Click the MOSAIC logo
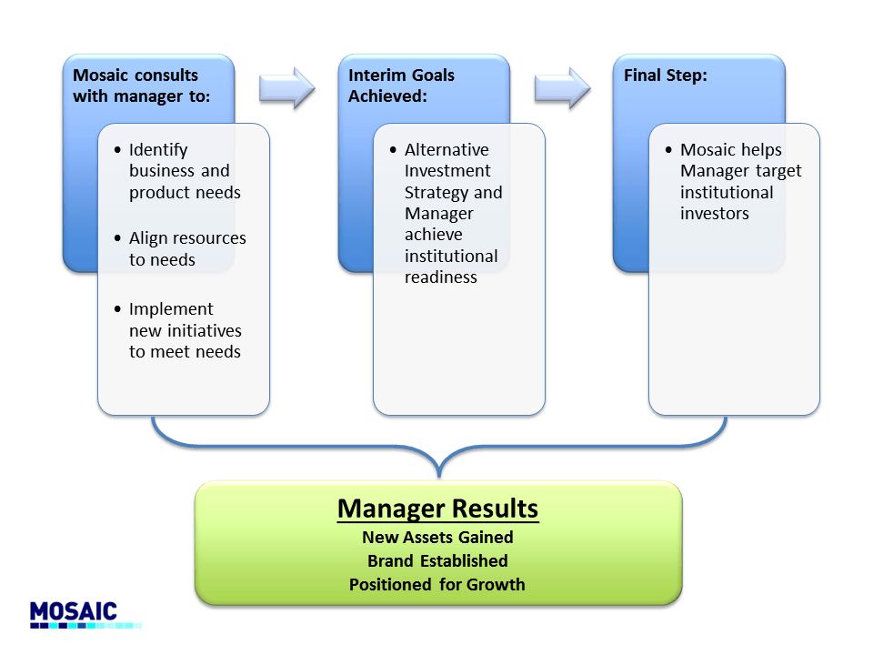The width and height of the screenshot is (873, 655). (75, 612)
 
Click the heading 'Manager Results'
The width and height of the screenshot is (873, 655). (437, 508)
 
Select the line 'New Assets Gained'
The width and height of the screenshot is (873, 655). (437, 537)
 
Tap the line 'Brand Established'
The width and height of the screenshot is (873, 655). (437, 560)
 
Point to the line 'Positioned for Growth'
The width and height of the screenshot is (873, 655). (437, 584)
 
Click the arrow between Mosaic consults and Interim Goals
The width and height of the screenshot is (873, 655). (286, 87)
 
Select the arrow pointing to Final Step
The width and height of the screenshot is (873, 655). (562, 87)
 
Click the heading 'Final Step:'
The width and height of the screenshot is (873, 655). (666, 76)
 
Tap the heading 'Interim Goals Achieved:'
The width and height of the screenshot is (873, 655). (401, 86)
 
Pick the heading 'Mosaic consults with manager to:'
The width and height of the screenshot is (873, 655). (141, 86)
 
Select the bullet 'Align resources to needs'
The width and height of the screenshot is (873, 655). (187, 248)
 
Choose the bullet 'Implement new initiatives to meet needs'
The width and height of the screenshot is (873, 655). (186, 330)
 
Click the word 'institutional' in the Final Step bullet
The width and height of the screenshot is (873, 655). (727, 192)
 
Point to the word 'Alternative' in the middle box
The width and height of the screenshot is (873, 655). (447, 150)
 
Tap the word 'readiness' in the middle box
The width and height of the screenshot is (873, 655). (441, 277)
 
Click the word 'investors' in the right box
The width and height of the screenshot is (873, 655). (715, 214)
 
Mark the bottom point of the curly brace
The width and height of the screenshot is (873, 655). (439, 475)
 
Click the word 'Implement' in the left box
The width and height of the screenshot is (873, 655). (171, 309)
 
